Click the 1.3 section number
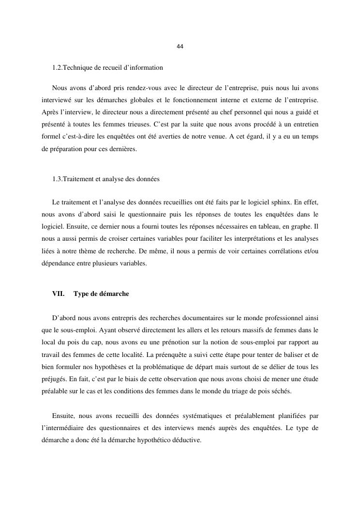[x=58, y=179]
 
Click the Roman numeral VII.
[x=59, y=294]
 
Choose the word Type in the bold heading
[x=81, y=294]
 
